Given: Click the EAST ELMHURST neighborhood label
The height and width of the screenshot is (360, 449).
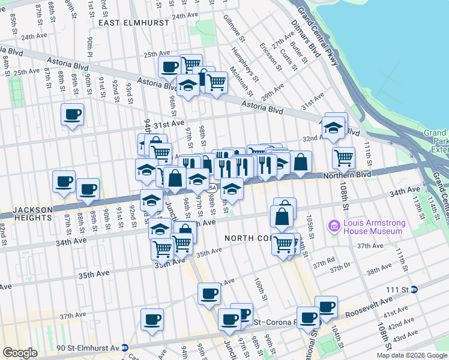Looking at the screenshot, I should [x=125, y=22].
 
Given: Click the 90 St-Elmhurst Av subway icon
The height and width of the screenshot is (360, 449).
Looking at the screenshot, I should [x=124, y=347].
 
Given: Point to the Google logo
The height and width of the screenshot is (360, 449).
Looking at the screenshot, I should [x=20, y=353].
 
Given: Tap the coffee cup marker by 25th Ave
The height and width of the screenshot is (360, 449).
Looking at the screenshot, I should [x=170, y=67].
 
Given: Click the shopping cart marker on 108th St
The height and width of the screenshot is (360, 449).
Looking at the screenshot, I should [x=343, y=158].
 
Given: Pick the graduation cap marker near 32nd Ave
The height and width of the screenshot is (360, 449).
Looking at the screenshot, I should [x=333, y=128].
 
